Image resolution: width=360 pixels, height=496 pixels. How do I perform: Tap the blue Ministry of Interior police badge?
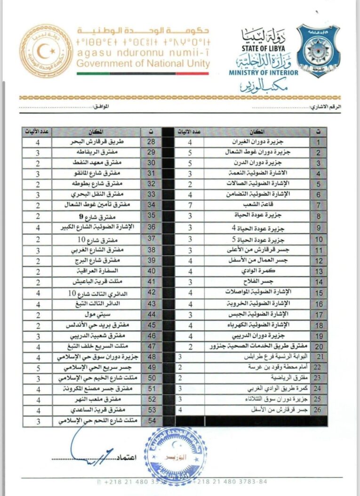tap(318, 50)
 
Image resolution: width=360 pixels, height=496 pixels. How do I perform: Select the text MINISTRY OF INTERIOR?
tap(264, 73)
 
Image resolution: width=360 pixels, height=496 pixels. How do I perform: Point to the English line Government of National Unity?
tap(143, 64)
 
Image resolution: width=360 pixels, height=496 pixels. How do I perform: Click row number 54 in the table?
tap(152, 420)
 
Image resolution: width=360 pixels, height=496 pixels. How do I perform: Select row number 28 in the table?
tap(152, 141)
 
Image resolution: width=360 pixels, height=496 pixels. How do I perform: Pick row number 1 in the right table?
tap(319, 142)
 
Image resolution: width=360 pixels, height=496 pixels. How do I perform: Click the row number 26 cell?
tap(319, 410)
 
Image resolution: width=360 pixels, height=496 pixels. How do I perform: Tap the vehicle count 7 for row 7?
tap(190, 206)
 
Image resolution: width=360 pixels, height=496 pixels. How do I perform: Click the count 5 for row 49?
tap(37, 367)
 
